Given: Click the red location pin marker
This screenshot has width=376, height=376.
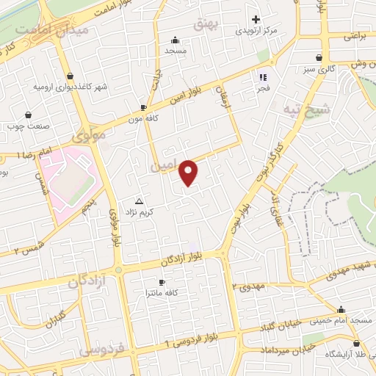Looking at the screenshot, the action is [x=189, y=172].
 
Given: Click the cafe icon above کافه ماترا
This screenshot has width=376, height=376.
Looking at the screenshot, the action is [x=163, y=282].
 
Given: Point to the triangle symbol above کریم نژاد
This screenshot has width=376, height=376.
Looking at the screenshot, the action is [x=140, y=200].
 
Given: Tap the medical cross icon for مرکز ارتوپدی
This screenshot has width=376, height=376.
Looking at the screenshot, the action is [x=256, y=20].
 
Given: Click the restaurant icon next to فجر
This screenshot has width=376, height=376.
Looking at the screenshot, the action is [x=262, y=76].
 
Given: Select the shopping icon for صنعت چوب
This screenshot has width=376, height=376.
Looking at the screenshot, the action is [x=28, y=115].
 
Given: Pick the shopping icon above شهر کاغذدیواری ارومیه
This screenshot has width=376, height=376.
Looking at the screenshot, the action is [x=69, y=76].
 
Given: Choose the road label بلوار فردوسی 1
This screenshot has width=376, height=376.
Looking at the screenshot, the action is [x=192, y=339].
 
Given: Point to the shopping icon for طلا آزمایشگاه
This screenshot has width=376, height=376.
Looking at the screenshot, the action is [x=357, y=343].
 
